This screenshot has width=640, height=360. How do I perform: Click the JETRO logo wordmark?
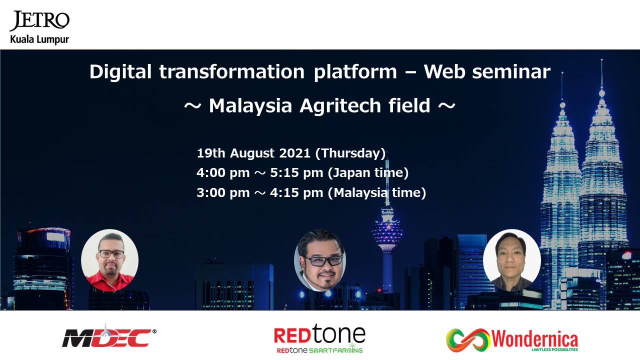[39, 20]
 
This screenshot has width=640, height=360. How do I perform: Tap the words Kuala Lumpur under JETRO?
[39, 39]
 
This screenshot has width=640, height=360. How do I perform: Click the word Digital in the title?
[120, 71]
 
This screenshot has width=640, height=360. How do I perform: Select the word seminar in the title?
[511, 71]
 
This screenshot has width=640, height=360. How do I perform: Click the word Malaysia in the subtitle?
[250, 106]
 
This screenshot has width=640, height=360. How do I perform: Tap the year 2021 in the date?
[294, 153]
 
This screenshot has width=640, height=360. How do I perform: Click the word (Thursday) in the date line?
[350, 153]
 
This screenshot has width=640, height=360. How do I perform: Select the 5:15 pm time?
[296, 173]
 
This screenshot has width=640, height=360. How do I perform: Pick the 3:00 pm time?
[223, 192]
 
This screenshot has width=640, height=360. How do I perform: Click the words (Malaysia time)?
[377, 192]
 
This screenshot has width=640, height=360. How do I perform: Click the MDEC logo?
[109, 336]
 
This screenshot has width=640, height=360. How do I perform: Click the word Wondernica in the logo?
[534, 339]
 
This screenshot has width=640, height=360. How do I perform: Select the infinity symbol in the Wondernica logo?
[468, 340]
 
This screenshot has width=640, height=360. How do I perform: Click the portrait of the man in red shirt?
[109, 260]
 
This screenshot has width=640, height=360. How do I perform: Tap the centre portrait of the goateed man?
[319, 260]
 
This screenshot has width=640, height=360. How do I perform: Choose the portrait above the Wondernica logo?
[511, 260]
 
